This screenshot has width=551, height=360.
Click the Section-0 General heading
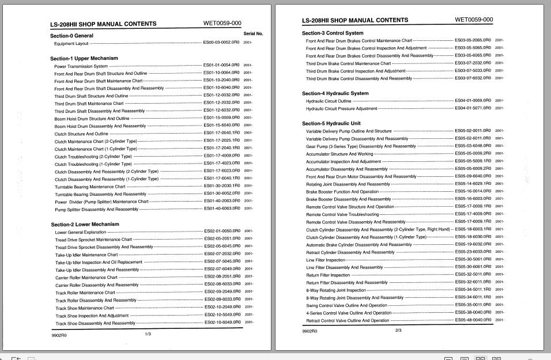point(71,36)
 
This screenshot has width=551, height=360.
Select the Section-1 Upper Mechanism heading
point(84,58)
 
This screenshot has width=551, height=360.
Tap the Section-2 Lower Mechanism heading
point(85,224)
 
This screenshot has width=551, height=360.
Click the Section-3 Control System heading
point(333,33)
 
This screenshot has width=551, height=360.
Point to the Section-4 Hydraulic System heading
point(335,93)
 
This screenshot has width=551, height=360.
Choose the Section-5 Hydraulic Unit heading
point(331,123)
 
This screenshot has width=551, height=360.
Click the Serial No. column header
point(253,34)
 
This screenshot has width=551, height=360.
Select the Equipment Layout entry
point(71,43)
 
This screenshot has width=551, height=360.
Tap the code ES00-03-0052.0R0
point(222,43)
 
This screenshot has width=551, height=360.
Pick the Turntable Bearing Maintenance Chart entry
point(90,186)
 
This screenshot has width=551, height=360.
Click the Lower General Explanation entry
point(81,232)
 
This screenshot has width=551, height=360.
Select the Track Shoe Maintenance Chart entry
point(85,308)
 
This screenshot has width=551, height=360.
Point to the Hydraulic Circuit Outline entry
point(329,101)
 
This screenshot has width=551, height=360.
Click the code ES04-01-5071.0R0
point(473,108)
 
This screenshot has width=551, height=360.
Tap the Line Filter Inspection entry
point(326,260)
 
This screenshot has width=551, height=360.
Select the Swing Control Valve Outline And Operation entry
point(346,305)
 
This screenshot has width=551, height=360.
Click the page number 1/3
point(148,334)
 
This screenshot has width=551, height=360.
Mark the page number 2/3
point(398,331)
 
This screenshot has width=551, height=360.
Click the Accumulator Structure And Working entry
point(339,154)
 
